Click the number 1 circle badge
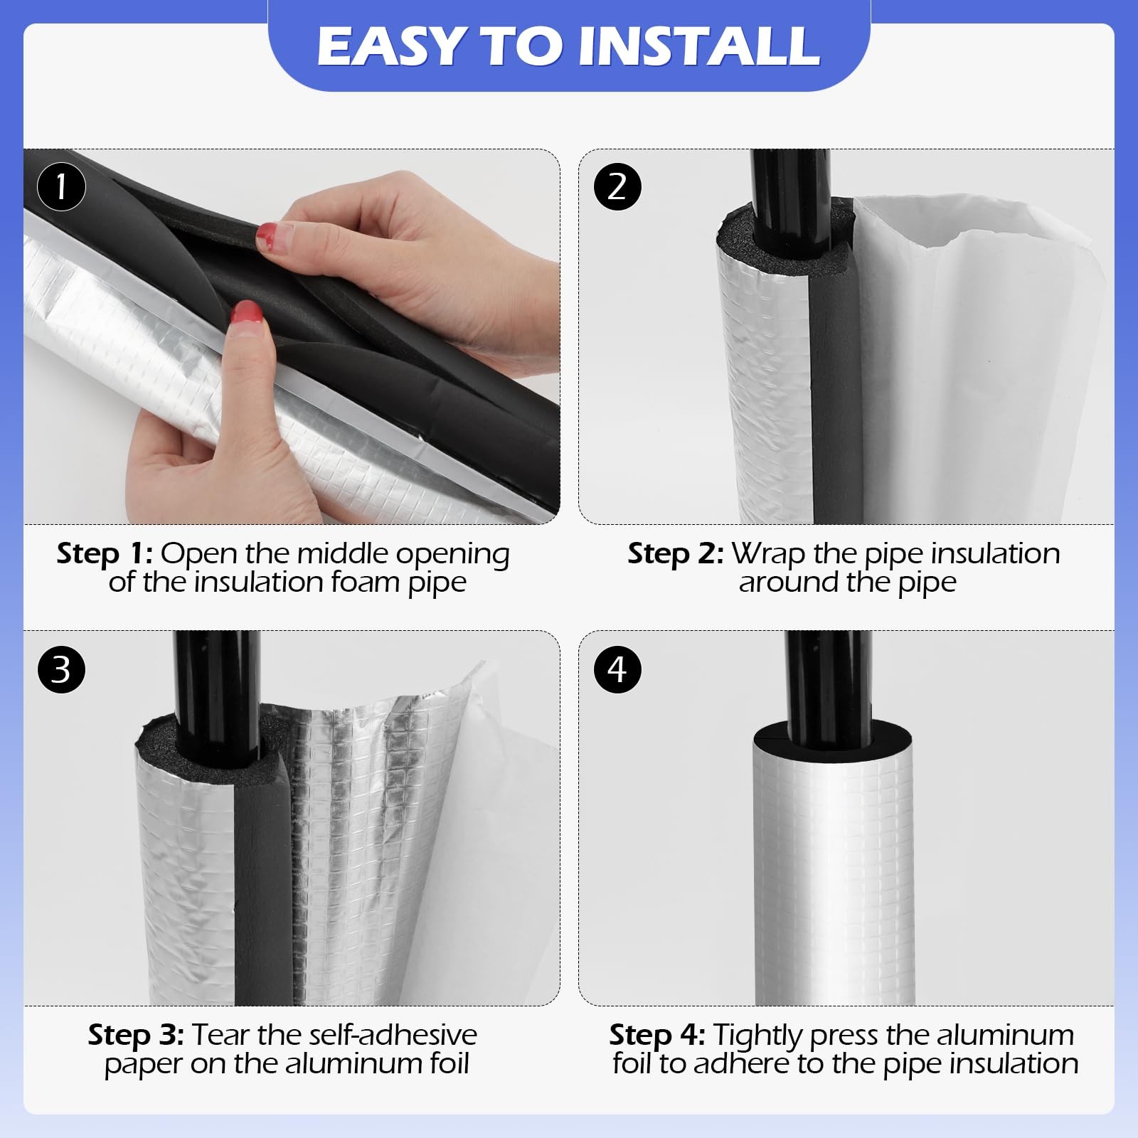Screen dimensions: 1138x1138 (x=61, y=187)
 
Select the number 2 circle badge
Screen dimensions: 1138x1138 (x=617, y=187)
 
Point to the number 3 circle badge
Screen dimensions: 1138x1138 (x=61, y=669)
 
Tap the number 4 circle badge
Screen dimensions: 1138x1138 (x=617, y=669)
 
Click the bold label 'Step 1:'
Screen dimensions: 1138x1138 (x=105, y=553)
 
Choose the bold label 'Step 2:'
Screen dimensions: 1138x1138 (x=676, y=553)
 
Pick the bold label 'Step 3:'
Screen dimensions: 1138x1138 (x=137, y=1035)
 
